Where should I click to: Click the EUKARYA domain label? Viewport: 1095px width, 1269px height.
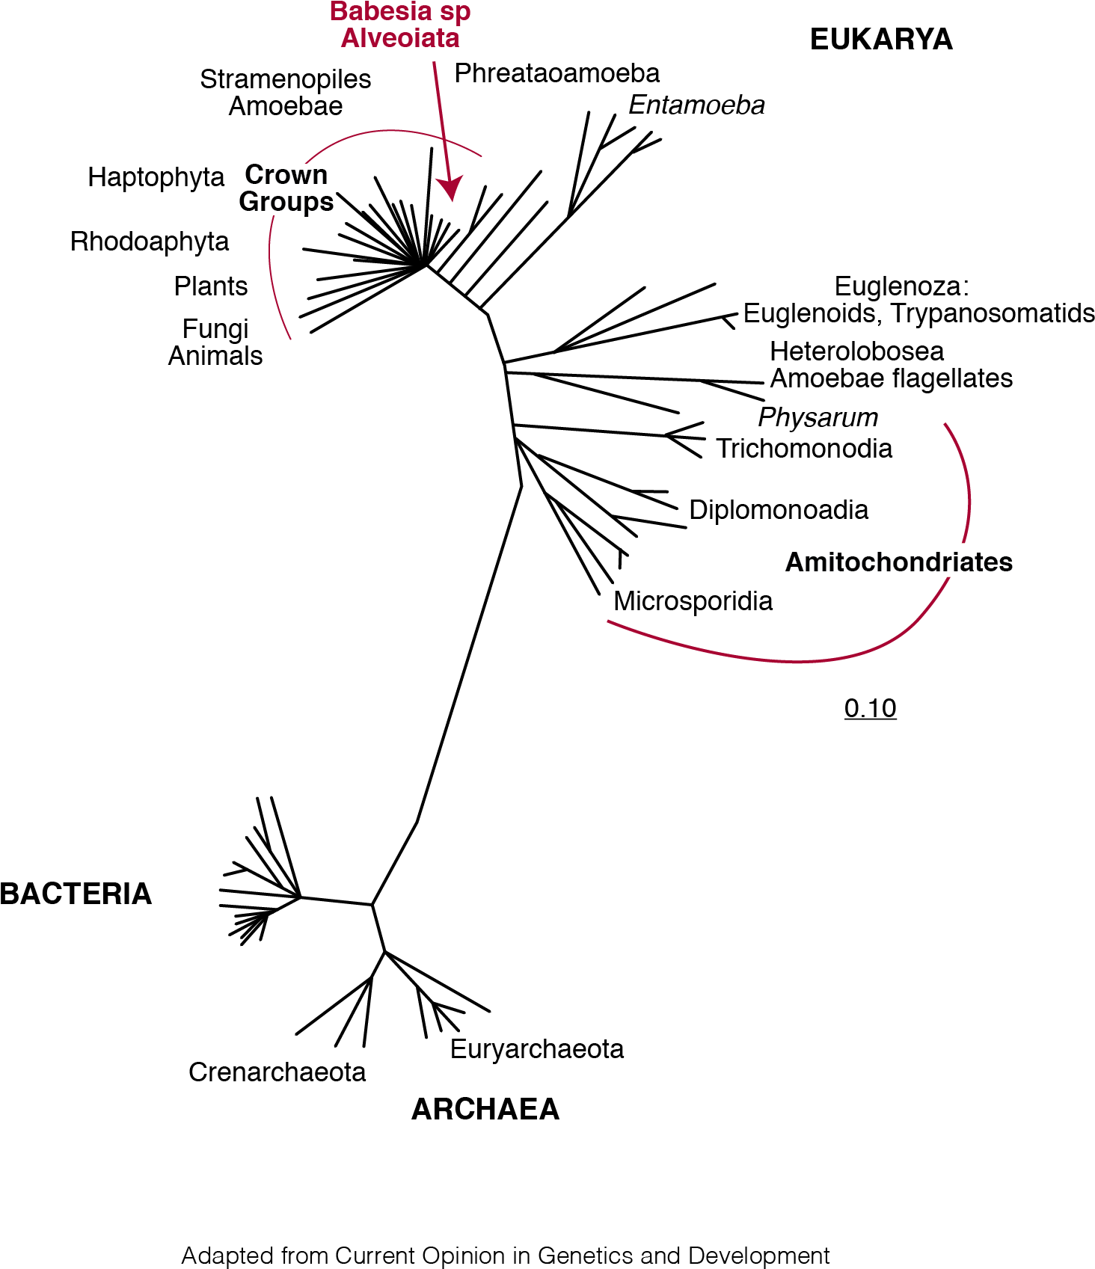[881, 40]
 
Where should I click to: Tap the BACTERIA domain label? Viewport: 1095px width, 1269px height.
[76, 894]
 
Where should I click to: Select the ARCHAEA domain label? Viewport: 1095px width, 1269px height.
[485, 1109]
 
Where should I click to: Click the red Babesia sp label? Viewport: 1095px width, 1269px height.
[400, 12]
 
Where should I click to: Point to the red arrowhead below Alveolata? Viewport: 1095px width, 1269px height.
[451, 188]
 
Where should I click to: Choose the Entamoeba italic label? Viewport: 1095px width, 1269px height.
[696, 105]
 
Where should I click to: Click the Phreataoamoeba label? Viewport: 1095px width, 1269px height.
[557, 73]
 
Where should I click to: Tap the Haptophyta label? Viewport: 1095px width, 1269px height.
[156, 178]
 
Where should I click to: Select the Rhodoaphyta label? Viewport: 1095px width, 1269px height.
[150, 242]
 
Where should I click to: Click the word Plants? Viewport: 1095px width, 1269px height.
[211, 286]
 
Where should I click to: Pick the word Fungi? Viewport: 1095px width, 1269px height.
[215, 330]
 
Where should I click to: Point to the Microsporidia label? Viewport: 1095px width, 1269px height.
[693, 601]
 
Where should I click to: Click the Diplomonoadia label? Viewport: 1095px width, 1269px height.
[779, 510]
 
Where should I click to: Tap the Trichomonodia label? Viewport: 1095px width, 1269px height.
[804, 449]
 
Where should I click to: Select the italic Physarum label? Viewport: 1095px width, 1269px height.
[818, 417]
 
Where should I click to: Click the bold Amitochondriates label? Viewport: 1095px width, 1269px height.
[899, 562]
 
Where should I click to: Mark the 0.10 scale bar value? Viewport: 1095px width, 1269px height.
[871, 708]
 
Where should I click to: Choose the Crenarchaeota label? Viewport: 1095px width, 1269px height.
[277, 1072]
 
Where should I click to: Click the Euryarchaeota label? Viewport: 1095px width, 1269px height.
[537, 1050]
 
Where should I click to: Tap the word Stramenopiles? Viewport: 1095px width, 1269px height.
[286, 79]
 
